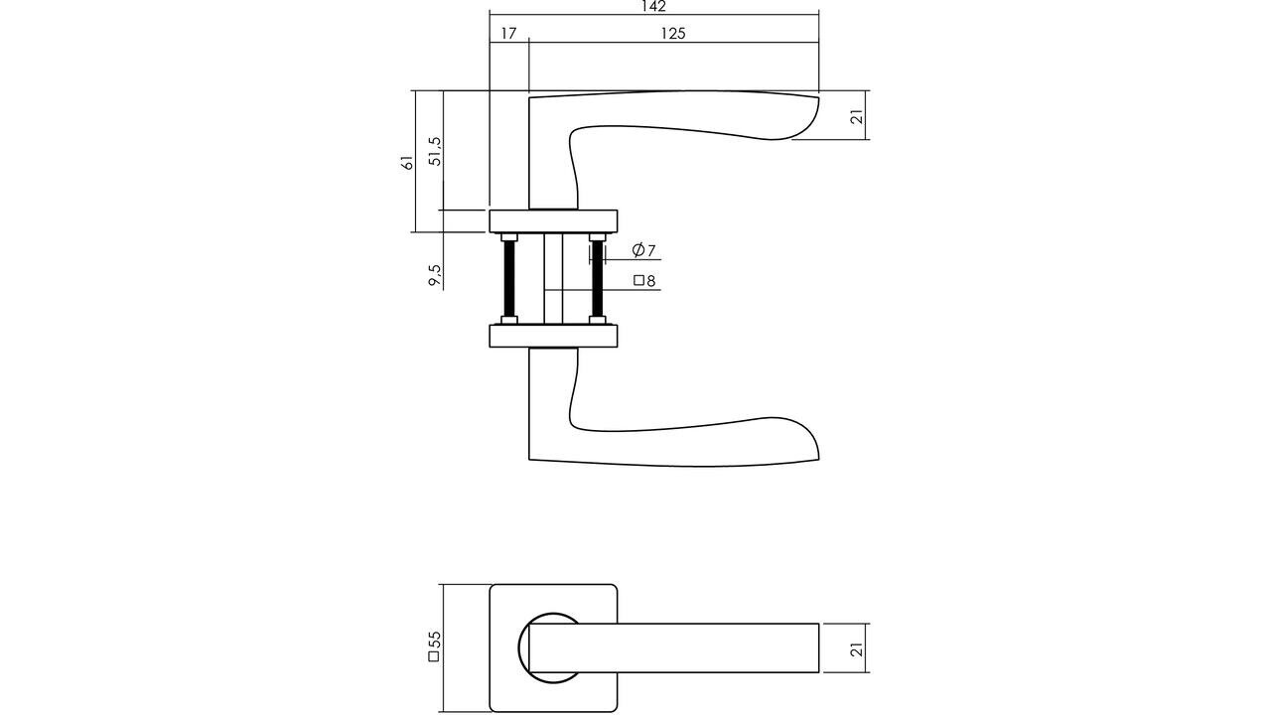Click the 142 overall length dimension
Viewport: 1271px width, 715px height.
[652, 7]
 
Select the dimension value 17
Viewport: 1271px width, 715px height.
[508, 33]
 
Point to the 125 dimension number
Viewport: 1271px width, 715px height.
[673, 33]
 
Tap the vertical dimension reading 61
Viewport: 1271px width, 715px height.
[407, 162]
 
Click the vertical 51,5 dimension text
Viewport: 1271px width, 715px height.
[434, 150]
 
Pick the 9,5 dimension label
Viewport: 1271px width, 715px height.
[434, 275]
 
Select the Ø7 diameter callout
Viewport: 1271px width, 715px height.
[643, 250]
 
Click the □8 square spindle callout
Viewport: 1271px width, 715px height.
[644, 281]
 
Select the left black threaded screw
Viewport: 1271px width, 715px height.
[509, 279]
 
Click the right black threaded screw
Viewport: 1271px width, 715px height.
[597, 279]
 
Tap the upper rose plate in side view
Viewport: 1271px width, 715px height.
[553, 220]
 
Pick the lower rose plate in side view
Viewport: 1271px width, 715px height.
[553, 336]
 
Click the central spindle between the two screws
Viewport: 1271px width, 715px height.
[553, 278]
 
